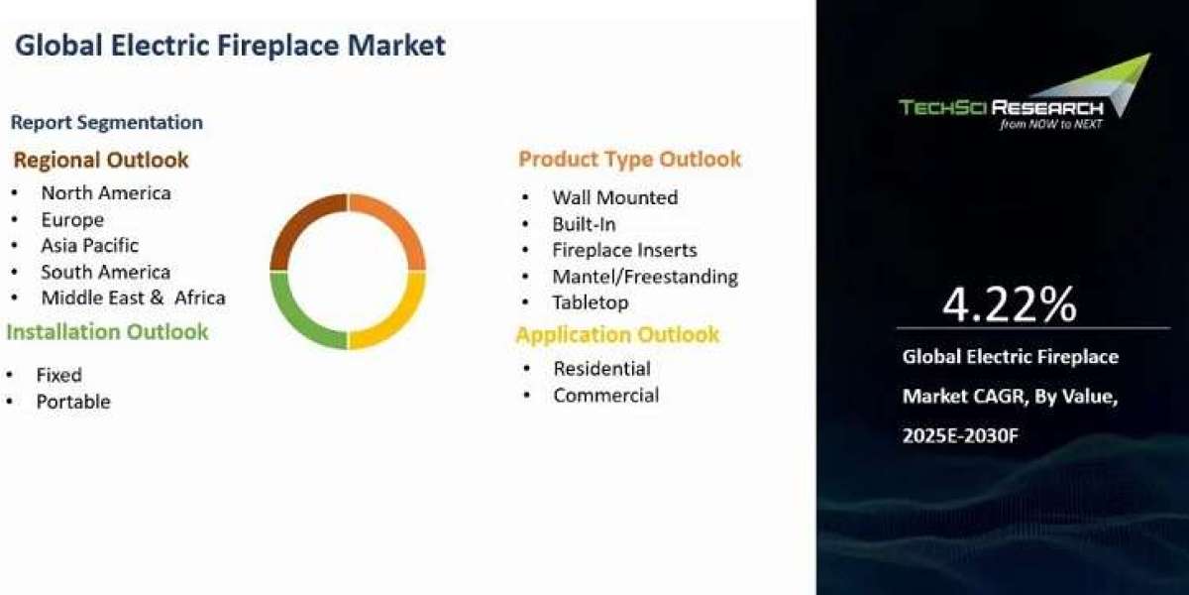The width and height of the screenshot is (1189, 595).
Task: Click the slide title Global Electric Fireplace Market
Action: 230,46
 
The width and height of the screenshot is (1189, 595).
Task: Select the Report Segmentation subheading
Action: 107,123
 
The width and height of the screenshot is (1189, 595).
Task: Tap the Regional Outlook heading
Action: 101,160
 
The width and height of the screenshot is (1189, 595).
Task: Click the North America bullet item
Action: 106,192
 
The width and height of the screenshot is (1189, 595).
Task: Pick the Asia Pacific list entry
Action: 90,246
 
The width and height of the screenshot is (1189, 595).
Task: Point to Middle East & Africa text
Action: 133,297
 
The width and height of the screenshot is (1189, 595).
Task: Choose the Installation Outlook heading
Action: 107,332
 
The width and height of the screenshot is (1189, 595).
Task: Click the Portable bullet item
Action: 73,402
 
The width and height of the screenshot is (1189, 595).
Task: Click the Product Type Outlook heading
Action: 629,160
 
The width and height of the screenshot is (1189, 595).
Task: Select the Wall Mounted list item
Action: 615,197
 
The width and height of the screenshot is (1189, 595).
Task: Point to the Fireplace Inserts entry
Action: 625,250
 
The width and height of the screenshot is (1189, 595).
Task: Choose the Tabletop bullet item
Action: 591,302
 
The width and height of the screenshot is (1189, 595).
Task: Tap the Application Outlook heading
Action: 618,335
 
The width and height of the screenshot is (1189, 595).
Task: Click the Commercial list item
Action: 606,396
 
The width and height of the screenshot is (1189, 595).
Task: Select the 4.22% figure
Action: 1010,304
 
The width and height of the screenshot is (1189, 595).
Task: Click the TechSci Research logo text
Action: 1001,108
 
